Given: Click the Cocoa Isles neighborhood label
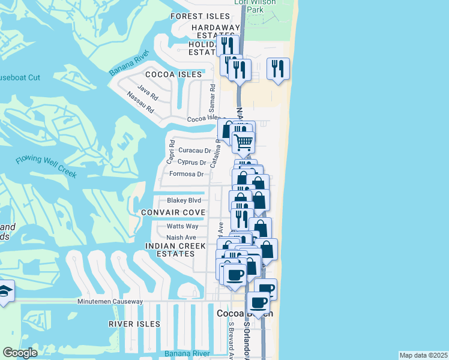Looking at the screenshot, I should [x=173, y=74].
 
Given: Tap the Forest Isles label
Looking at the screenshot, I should [x=200, y=16].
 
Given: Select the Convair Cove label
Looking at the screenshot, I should [x=173, y=213].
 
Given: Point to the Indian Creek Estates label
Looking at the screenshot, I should [x=170, y=250].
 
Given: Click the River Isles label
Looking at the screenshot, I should [x=134, y=324].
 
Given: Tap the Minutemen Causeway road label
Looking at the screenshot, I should [x=110, y=301].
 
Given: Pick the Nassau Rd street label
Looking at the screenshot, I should [x=142, y=103].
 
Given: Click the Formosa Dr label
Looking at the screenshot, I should [x=187, y=174].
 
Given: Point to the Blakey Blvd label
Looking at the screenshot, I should [x=187, y=201].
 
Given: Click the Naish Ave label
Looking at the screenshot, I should [x=181, y=238].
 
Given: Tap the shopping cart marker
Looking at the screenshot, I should [x=244, y=143].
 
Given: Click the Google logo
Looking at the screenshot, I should [x=20, y=353].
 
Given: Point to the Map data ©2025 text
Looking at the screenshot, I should [x=423, y=355].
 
